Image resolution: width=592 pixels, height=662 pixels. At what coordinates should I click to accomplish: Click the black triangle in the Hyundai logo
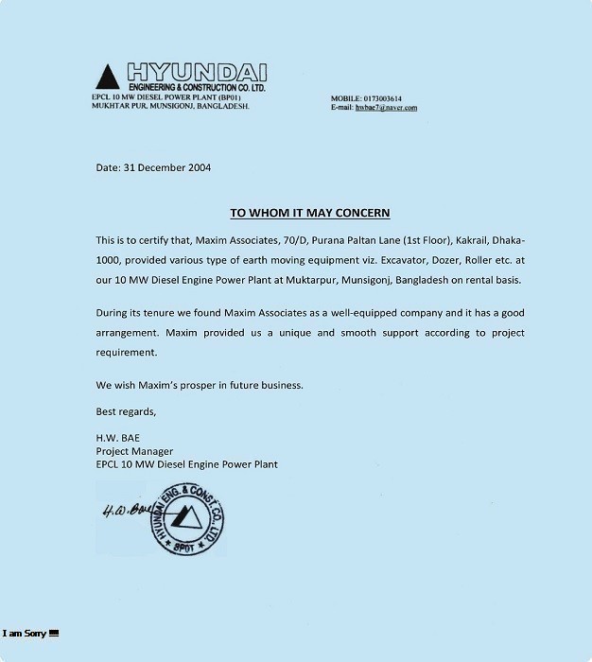point(108,76)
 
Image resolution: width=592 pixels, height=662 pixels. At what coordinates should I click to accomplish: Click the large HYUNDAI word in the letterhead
point(196,72)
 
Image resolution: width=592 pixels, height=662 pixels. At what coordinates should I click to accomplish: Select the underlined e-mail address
point(386,108)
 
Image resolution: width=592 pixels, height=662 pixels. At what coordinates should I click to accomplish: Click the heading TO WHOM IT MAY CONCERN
point(310,213)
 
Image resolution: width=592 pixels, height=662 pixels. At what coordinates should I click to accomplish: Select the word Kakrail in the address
point(451,240)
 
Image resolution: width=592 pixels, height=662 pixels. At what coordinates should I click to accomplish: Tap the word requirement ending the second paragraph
point(126,353)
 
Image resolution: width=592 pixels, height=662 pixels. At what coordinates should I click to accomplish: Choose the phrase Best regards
point(126,411)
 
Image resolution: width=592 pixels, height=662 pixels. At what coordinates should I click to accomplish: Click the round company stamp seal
point(185,519)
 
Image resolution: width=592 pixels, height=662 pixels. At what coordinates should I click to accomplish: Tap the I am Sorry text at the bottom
point(25,633)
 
